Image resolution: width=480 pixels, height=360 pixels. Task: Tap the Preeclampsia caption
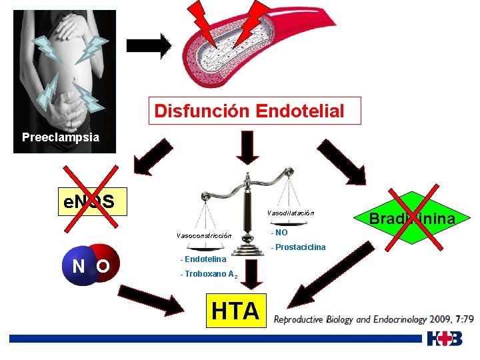(61, 138)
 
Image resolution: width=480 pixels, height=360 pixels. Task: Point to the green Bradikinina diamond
(411, 219)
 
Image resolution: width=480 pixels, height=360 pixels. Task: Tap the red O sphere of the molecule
(104, 265)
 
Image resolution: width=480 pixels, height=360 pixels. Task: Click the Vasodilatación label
(290, 213)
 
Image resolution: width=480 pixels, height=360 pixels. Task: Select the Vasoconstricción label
(203, 235)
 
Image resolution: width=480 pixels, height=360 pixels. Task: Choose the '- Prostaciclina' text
(298, 247)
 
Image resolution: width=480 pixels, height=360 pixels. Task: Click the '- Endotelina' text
(203, 259)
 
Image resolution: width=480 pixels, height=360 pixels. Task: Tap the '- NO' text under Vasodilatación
(279, 233)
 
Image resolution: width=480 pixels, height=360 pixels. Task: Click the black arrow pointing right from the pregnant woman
(149, 46)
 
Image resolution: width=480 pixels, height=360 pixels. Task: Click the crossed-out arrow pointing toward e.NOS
(154, 159)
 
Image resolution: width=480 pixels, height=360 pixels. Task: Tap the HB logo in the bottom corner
(445, 339)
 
